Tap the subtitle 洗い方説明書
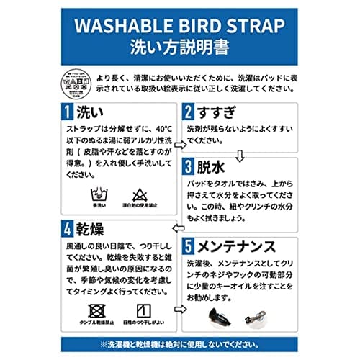179,49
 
